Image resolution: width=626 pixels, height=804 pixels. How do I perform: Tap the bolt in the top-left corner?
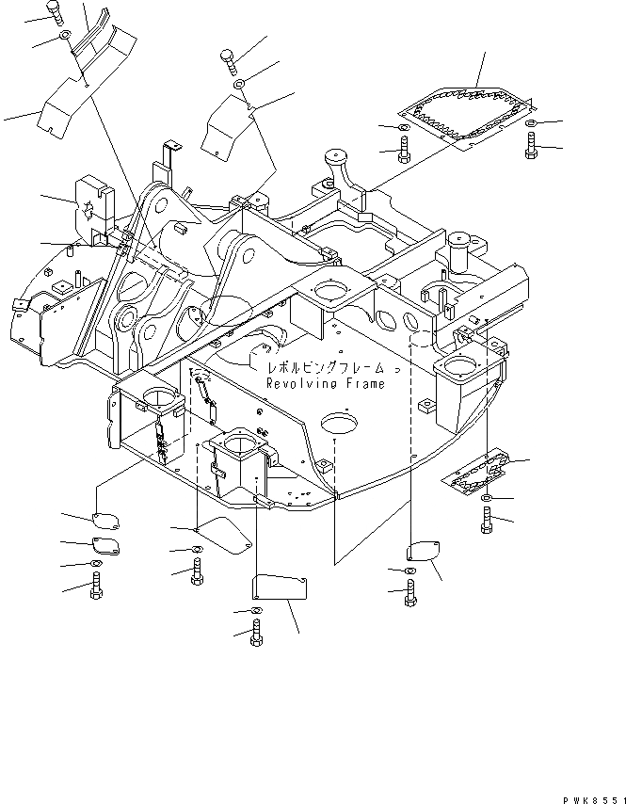(55, 12)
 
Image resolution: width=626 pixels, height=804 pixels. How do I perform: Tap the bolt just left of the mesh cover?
(403, 148)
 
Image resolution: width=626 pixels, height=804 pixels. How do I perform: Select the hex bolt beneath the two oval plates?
(96, 587)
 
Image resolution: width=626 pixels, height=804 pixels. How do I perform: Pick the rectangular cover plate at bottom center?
(280, 588)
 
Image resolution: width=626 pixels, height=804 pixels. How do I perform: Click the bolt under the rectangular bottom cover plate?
(256, 636)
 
